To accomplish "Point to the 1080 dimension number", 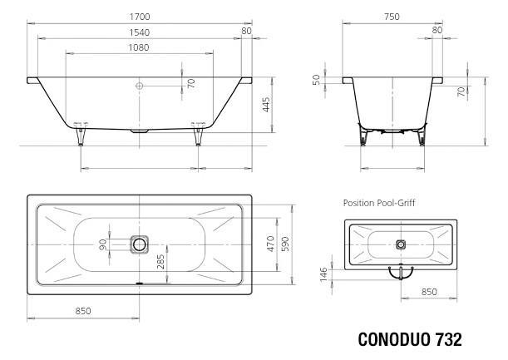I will coord(140,47).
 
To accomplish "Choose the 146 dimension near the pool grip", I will coord(325,274).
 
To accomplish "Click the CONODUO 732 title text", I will coord(409,341).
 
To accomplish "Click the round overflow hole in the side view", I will coord(140,85).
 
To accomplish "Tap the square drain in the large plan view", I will coord(140,244).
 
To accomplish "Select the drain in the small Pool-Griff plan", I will coord(401,244).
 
